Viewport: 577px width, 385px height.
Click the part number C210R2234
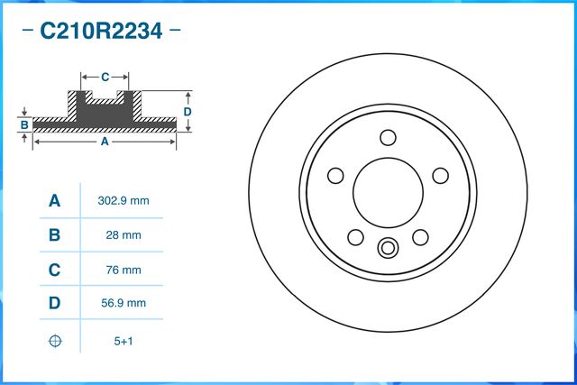click(x=100, y=32)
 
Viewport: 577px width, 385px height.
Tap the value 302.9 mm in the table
click(x=123, y=201)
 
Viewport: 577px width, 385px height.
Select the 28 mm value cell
click(x=123, y=235)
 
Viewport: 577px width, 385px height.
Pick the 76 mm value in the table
click(x=123, y=270)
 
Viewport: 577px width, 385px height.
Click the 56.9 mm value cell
click(x=123, y=304)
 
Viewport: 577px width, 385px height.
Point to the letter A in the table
click(x=54, y=201)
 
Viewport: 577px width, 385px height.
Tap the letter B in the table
click(x=54, y=235)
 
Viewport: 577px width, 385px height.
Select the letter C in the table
click(x=54, y=270)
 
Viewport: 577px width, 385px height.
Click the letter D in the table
click(x=54, y=304)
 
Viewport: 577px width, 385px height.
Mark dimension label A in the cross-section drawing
click(x=105, y=142)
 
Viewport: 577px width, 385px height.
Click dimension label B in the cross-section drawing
click(x=25, y=124)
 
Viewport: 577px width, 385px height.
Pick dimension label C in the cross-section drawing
click(x=105, y=77)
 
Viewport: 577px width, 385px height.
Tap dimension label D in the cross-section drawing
click(x=188, y=111)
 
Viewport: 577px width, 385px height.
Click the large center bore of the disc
click(x=388, y=191)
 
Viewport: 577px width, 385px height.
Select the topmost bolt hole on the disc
click(x=388, y=137)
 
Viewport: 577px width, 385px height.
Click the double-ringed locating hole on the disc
click(x=388, y=246)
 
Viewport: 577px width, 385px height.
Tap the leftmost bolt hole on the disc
click(x=335, y=175)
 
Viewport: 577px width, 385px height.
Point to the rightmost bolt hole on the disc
click(x=440, y=175)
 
